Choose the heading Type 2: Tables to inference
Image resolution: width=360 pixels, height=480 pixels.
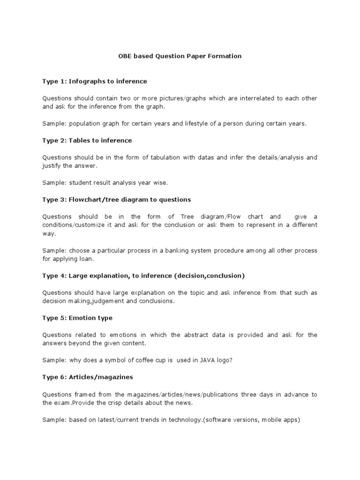point(87,141)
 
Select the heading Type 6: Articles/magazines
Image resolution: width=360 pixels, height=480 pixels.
point(88,377)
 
